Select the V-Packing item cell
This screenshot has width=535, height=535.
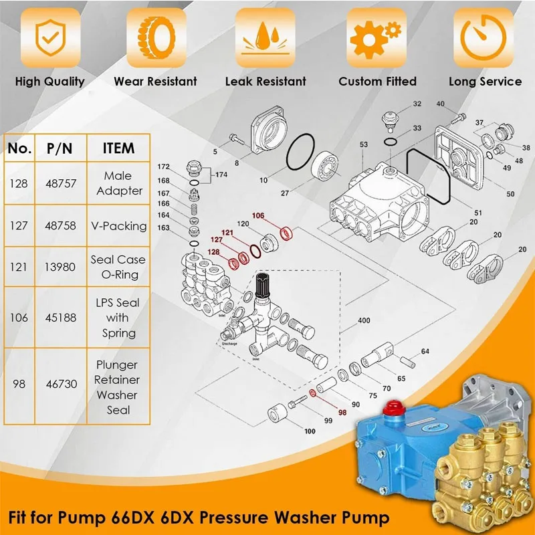coord(118,226)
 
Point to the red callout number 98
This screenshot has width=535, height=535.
coord(344,413)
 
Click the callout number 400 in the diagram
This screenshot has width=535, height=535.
coord(364,321)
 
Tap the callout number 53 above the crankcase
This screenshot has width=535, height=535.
coord(364,144)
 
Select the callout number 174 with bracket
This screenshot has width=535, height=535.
coord(222,174)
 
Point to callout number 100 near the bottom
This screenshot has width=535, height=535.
coord(310,431)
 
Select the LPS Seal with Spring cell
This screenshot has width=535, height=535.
coord(118,318)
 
